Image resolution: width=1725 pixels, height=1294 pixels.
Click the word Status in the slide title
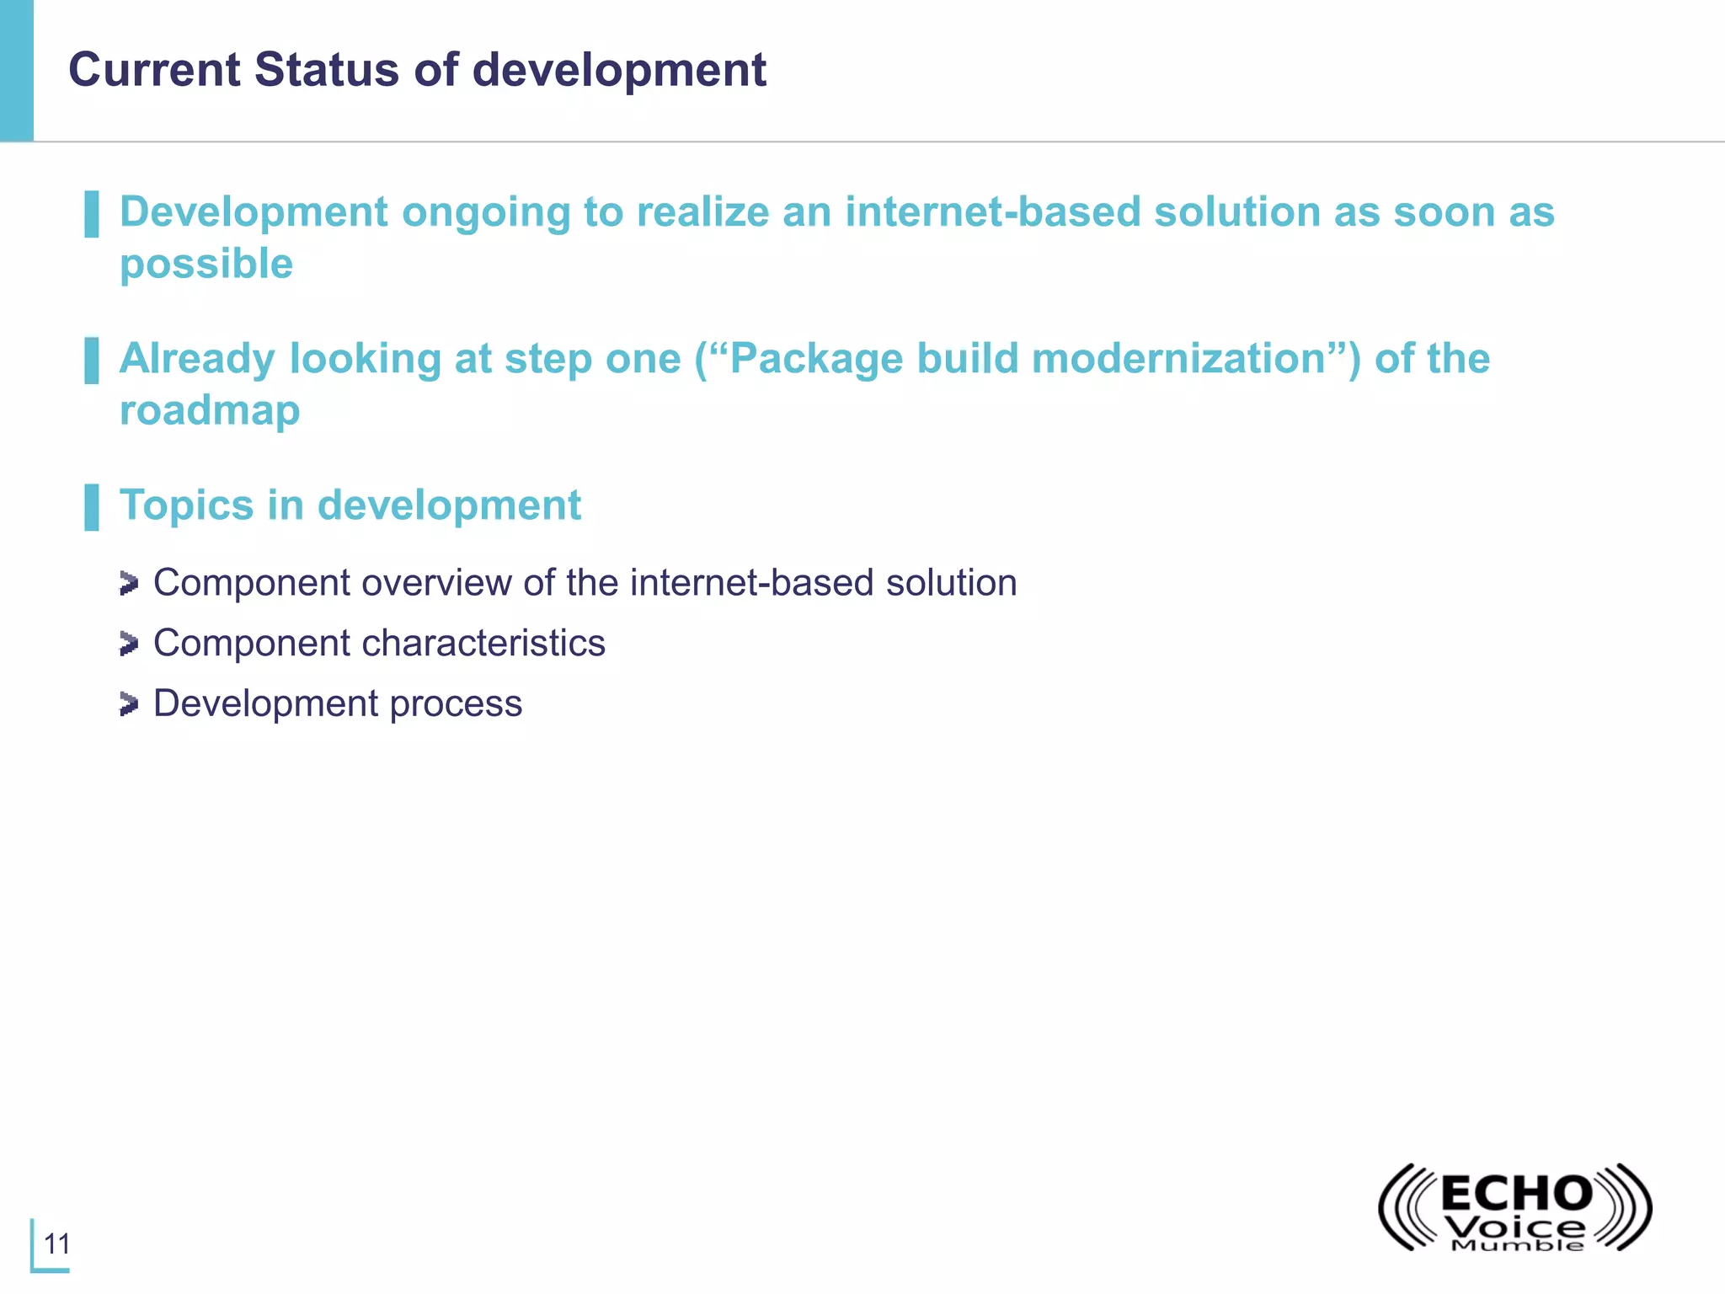[x=327, y=69]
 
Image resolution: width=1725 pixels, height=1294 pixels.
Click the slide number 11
[x=57, y=1243]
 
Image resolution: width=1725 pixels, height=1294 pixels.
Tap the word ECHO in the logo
[x=1516, y=1194]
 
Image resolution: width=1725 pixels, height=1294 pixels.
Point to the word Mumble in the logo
[x=1517, y=1245]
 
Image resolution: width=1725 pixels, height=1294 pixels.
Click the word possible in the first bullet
[x=206, y=265]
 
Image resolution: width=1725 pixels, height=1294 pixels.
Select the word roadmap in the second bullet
[x=210, y=410]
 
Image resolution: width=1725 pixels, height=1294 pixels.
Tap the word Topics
[x=186, y=505]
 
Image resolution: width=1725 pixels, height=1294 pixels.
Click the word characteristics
[x=484, y=644]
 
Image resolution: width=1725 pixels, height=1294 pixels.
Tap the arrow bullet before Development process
[x=128, y=704]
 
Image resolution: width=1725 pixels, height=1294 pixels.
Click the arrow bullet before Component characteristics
[x=128, y=644]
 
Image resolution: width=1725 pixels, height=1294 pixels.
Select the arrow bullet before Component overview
[x=128, y=583]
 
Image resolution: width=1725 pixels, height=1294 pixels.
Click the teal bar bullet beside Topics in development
[x=92, y=507]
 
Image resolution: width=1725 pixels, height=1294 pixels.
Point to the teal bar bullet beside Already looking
[x=92, y=361]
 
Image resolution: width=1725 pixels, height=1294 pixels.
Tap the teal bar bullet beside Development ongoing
[x=92, y=214]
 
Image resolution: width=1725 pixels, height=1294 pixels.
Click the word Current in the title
[x=154, y=69]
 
